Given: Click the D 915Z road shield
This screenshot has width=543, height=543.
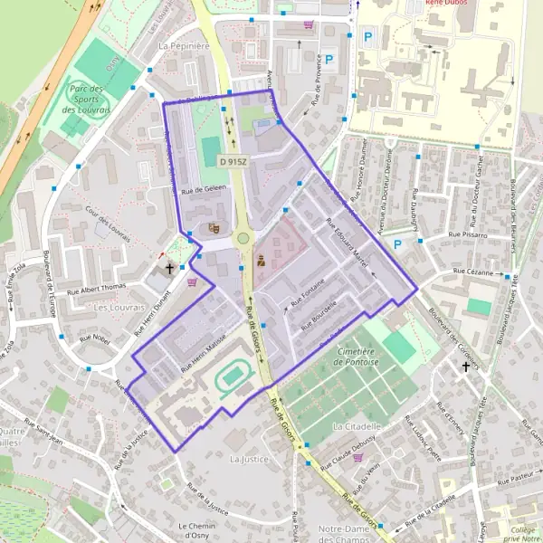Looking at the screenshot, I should pyautogui.click(x=233, y=160).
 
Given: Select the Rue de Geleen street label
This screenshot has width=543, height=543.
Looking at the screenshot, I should pyautogui.click(x=204, y=191).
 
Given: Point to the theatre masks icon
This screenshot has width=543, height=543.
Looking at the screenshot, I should pyautogui.click(x=214, y=229).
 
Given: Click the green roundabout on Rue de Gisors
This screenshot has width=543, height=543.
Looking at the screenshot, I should pyautogui.click(x=243, y=239).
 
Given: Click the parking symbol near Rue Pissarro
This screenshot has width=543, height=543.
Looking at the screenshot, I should pyautogui.click(x=396, y=244).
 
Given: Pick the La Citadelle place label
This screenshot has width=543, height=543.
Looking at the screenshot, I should pyautogui.click(x=357, y=425).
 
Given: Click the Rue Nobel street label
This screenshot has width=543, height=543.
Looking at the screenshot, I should pyautogui.click(x=94, y=338).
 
